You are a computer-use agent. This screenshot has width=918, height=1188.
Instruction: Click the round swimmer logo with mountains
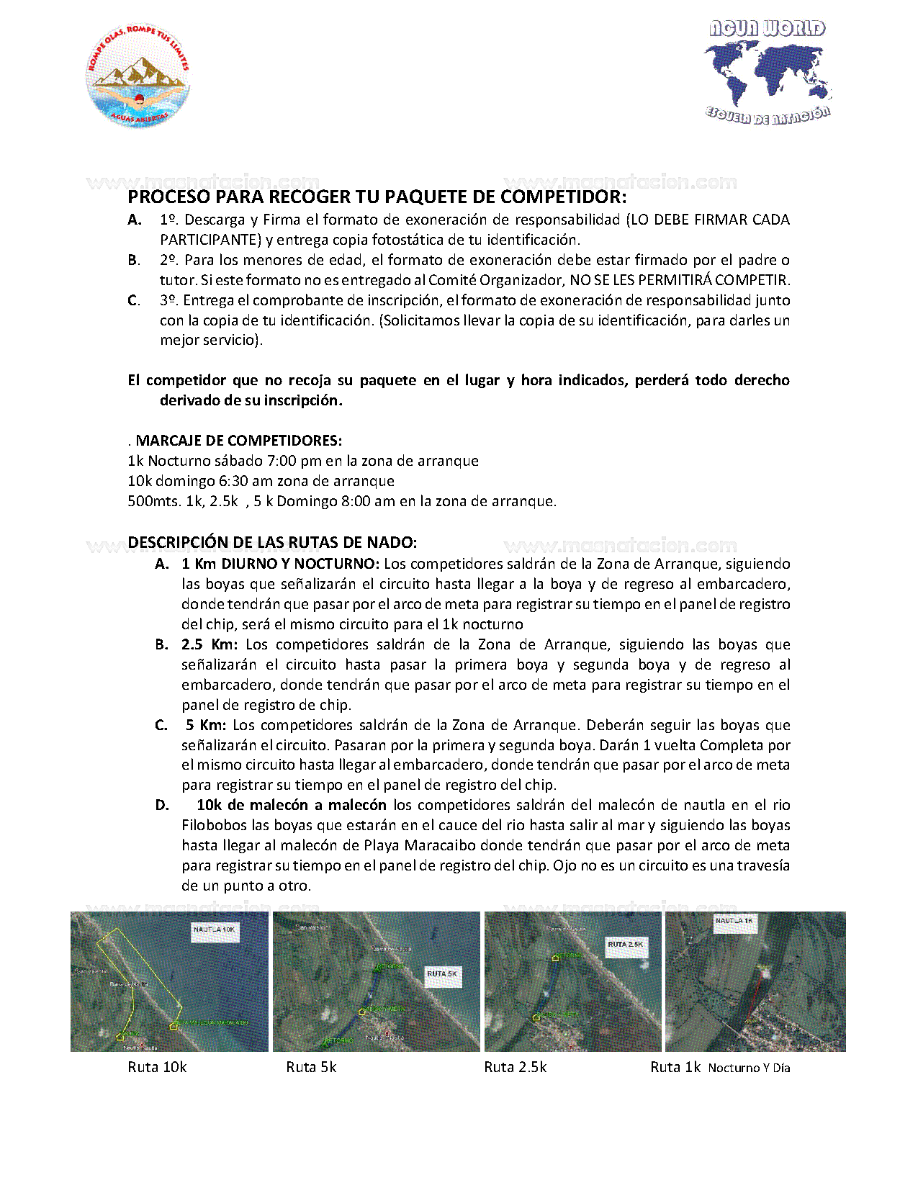(x=138, y=76)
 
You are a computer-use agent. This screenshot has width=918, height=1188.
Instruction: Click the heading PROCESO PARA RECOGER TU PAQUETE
(x=377, y=197)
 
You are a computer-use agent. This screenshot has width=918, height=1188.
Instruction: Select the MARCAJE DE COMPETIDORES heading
(x=238, y=441)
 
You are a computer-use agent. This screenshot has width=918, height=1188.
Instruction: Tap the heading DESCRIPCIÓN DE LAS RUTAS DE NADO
(x=272, y=542)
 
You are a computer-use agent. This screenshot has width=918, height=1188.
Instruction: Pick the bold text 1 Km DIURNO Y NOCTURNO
(x=280, y=564)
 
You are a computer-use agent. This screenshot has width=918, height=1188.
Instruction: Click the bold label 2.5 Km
(x=209, y=644)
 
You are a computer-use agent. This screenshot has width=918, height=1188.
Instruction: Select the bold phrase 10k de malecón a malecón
(x=292, y=805)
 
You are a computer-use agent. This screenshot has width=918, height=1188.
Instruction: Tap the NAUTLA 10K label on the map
(x=214, y=930)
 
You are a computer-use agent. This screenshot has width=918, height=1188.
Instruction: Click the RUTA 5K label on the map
(x=442, y=973)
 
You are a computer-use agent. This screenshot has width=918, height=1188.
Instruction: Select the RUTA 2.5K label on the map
(x=625, y=944)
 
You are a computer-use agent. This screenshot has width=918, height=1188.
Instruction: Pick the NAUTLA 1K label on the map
(x=734, y=921)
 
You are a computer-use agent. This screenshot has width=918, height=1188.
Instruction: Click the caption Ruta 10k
(x=157, y=1068)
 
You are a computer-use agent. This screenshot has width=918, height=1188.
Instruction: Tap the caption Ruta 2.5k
(x=516, y=1068)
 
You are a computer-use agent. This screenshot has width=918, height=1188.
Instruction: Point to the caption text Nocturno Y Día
(x=749, y=1068)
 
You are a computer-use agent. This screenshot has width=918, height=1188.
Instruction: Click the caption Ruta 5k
(x=311, y=1068)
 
